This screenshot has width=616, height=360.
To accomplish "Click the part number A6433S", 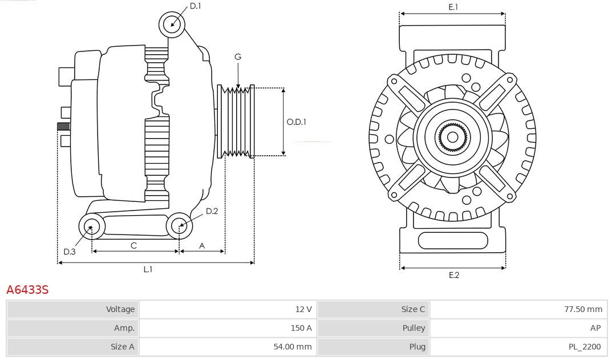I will tap(27, 290).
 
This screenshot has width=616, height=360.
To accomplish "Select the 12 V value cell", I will tap(303, 309).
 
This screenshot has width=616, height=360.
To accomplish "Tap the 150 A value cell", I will tap(301, 328).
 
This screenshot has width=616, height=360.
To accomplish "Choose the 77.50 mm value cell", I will tap(583, 309).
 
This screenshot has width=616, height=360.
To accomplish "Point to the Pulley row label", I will tap(414, 328).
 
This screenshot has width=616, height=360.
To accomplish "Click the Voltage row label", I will tap(120, 309).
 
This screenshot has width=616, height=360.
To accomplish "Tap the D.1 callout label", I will tap(195, 6).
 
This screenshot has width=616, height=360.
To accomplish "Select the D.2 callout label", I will tap(212, 211).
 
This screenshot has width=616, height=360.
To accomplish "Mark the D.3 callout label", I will tap(69, 252).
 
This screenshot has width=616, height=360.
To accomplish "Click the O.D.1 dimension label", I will tap(296, 122).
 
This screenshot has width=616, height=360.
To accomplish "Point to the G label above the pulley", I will tap(238, 56).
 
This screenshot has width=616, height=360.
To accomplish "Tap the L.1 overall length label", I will tap(148, 269).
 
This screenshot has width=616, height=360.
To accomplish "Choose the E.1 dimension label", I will tap(453, 7).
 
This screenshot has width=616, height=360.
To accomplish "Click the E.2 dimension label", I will tap(453, 275).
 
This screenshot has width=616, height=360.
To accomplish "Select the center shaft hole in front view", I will tap(452, 137).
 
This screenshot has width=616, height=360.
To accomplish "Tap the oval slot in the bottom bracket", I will tap(452, 240).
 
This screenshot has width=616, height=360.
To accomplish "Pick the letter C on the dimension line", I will tap(133, 245).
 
